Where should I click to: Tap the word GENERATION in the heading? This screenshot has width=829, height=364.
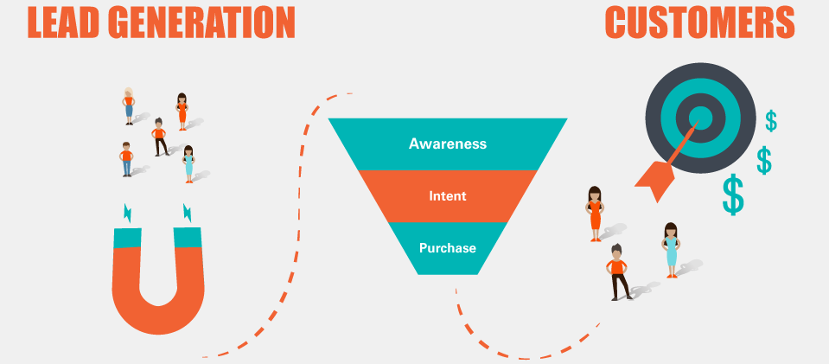pos(204,22)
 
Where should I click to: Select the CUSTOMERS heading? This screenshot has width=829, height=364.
pos(700,22)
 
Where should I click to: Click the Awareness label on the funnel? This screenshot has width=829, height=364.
pos(447,144)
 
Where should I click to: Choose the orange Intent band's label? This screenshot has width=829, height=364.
pos(447,195)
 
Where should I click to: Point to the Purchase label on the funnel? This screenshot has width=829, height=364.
pos(447,247)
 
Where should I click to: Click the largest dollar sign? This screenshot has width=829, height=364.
pos(733,195)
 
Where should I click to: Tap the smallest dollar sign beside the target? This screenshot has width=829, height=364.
pos(771,121)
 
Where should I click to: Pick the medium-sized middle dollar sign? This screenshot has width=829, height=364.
pos(764,160)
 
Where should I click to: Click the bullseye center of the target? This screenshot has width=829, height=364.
pos(700,118)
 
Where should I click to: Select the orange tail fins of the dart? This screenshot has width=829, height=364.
pos(655,179)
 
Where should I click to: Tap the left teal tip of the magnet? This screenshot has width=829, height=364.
pos(127,238)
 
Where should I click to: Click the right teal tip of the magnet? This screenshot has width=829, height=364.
pos(188,237)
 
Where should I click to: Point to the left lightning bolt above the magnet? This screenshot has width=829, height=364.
pos(127,213)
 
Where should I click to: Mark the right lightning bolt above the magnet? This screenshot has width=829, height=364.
pos(188,212)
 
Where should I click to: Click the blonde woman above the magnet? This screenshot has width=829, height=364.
pos(129,105)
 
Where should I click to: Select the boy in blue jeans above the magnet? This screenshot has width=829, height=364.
pos(126,159)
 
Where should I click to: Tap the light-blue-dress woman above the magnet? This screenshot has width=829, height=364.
pos(188,164)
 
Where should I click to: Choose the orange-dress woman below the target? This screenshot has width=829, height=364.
pos(595,214)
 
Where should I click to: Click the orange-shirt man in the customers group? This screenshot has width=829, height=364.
pos(617,272)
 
